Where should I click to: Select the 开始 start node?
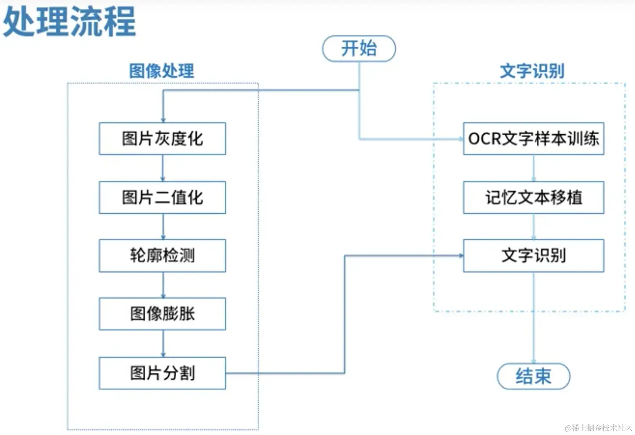pyautogui.click(x=359, y=48)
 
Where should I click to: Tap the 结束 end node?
pyautogui.click(x=533, y=376)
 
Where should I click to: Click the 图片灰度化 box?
pyautogui.click(x=162, y=139)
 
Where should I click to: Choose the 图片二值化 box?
pyautogui.click(x=162, y=198)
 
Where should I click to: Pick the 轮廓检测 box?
pyautogui.click(x=162, y=256)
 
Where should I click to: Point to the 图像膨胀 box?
pyautogui.click(x=162, y=314)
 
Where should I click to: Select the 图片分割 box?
pyautogui.click(x=162, y=373)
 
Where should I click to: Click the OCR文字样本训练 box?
pyautogui.click(x=533, y=139)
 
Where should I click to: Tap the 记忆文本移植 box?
pyautogui.click(x=533, y=198)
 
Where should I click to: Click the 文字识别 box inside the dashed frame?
pyautogui.click(x=533, y=256)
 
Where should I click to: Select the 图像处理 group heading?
pyautogui.click(x=161, y=71)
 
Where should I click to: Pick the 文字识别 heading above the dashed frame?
pyautogui.click(x=532, y=71)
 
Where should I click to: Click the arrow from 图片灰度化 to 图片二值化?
pyautogui.click(x=163, y=168)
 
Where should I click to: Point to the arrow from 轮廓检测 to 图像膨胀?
pyautogui.click(x=163, y=285)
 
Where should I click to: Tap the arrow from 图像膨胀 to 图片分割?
pyautogui.click(x=163, y=344)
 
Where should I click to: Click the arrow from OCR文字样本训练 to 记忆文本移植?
pyautogui.click(x=533, y=168)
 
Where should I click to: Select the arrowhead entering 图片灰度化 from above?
pyautogui.click(x=163, y=120)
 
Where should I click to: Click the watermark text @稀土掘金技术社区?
pyautogui.click(x=598, y=428)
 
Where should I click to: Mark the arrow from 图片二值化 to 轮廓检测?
pyautogui.click(x=163, y=227)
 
